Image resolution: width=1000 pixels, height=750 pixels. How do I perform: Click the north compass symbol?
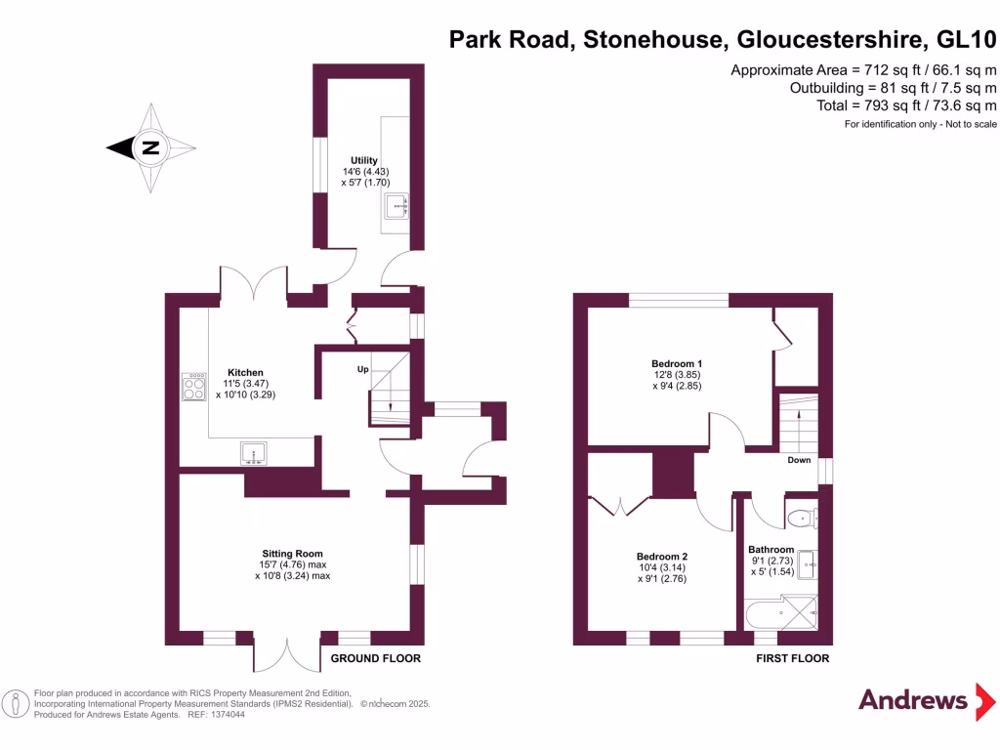(149, 148)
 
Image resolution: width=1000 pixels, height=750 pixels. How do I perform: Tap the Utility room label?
(364, 160)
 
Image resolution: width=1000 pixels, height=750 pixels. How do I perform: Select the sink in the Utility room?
(396, 207)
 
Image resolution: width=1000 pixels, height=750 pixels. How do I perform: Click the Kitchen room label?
(245, 372)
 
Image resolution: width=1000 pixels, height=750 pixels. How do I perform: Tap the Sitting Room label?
(293, 554)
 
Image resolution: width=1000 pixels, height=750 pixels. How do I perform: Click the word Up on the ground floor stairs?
(362, 370)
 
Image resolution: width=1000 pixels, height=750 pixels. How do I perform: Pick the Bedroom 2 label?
(663, 557)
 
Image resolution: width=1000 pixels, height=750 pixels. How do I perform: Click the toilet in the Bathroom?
(802, 519)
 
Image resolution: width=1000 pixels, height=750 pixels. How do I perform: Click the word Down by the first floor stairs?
(799, 460)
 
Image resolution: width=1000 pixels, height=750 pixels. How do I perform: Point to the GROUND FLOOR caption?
(375, 659)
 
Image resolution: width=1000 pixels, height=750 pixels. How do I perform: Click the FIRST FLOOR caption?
(792, 659)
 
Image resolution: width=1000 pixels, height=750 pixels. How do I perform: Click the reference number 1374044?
(225, 715)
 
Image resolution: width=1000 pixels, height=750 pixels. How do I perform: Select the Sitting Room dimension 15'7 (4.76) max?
(293, 564)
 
